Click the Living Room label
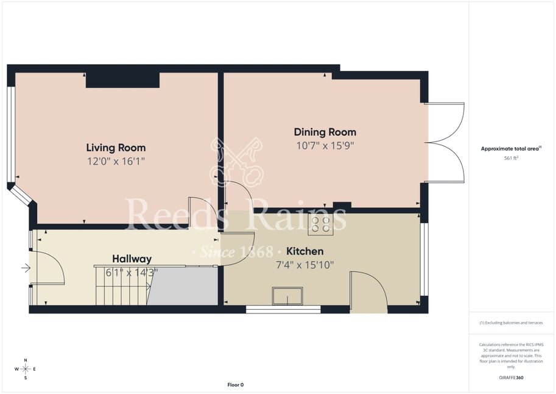[116, 148]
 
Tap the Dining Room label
[325, 132]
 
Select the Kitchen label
[305, 251]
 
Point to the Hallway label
[132, 259]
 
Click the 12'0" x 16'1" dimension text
[116, 162]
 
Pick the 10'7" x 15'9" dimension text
[325, 146]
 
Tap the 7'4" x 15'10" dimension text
[305, 265]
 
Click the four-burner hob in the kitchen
[320, 224]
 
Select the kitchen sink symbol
[287, 296]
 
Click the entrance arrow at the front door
[26, 268]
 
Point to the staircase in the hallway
[122, 285]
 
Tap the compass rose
[26, 369]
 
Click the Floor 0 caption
[236, 385]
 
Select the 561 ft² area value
[511, 158]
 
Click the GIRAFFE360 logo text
[511, 378]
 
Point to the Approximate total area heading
[511, 149]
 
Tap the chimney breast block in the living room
[122, 80]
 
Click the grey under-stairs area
[183, 285]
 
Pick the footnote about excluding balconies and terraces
[511, 323]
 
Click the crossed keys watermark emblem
[236, 162]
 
